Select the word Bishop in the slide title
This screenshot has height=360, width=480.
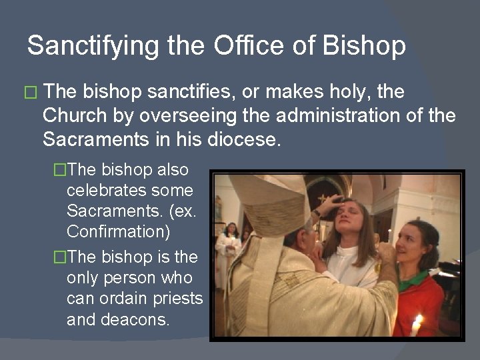(363, 46)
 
